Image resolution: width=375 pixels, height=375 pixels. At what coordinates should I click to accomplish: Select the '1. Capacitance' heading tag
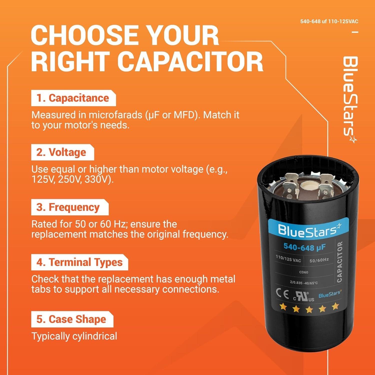coord(73,98)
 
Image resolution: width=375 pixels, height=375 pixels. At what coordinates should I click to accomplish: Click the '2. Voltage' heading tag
coord(62,152)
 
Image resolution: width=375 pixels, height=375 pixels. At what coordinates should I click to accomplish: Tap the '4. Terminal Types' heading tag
coord(79,262)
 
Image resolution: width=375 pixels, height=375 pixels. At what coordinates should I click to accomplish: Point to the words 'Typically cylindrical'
coord(74,336)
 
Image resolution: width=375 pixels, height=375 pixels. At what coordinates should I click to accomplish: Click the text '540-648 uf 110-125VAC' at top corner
coord(329,21)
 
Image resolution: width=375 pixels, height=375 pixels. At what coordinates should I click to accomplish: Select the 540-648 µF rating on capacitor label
coord(304,247)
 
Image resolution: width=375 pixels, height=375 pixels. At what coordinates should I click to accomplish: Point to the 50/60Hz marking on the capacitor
coord(319,260)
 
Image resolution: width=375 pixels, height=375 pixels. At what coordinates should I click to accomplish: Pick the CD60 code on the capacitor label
coord(303,272)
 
